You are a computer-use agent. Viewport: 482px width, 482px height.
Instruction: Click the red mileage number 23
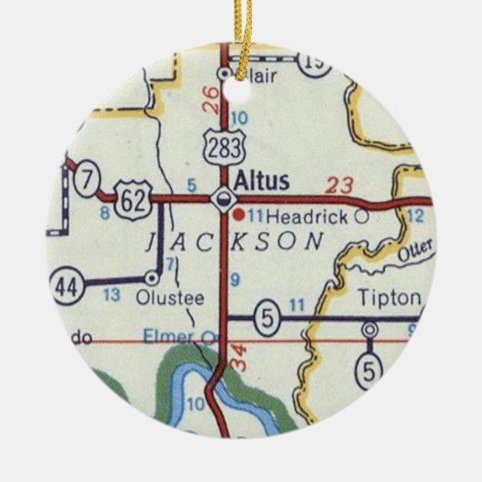(x=338, y=185)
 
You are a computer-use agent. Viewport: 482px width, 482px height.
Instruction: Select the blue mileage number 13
(x=111, y=296)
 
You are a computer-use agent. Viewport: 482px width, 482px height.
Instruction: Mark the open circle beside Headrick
(x=362, y=216)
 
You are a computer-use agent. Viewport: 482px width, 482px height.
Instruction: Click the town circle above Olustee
(x=152, y=278)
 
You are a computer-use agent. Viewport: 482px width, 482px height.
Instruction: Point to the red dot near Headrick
(x=239, y=216)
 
